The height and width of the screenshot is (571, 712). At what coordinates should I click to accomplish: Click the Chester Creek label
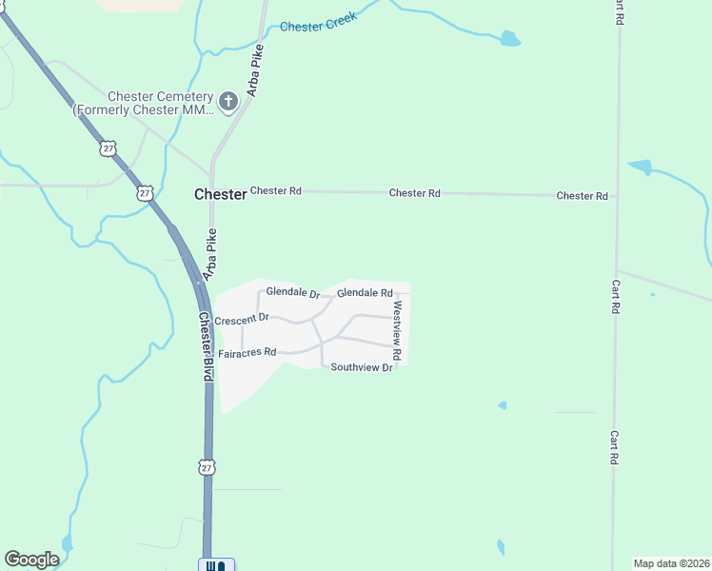click(x=318, y=23)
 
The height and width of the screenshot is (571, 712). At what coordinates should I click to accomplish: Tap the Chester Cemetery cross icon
click(x=228, y=101)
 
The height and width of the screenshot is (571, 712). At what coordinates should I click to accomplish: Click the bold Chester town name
click(x=220, y=193)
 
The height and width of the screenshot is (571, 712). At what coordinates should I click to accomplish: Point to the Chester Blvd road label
click(x=206, y=346)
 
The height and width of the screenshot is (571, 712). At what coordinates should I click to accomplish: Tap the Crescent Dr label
click(x=242, y=320)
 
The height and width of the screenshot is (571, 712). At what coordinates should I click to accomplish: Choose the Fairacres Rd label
click(x=247, y=353)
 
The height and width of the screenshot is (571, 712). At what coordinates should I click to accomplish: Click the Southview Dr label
click(x=362, y=367)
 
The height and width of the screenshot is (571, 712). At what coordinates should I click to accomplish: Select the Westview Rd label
click(x=398, y=330)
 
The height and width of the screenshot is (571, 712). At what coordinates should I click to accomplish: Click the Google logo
click(x=31, y=560)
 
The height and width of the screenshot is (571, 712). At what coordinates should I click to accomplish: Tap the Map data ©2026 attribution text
click(x=671, y=563)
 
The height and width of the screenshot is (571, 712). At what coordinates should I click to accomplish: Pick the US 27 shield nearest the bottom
click(x=208, y=466)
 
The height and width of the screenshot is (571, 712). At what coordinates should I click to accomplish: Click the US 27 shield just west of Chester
click(x=144, y=193)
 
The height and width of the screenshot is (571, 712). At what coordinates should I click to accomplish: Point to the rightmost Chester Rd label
click(x=582, y=196)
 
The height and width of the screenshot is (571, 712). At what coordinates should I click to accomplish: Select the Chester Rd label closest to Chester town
click(x=276, y=191)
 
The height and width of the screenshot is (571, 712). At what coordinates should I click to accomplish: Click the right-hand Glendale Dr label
click(x=365, y=293)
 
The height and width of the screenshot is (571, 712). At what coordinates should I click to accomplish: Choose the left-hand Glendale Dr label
click(x=293, y=292)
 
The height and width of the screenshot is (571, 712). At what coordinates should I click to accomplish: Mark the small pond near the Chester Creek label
click(x=511, y=39)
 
